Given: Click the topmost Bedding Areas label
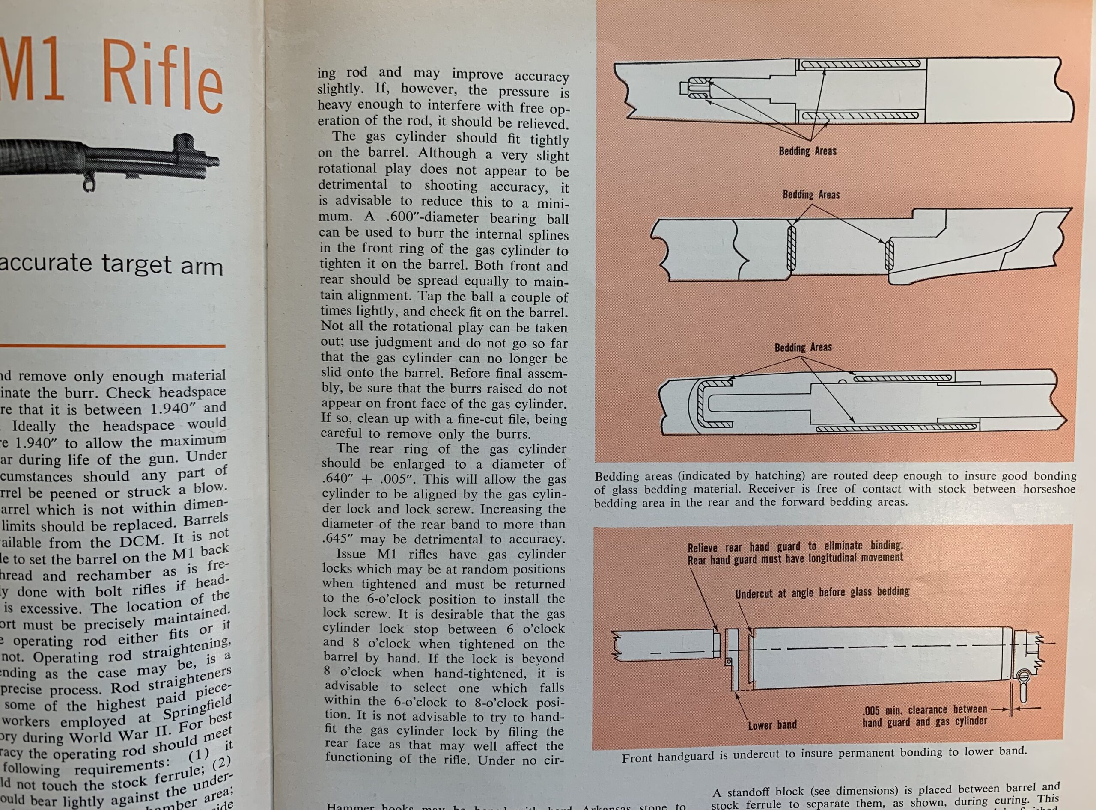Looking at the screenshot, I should point(807,151).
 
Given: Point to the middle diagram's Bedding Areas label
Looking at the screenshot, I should point(810,195).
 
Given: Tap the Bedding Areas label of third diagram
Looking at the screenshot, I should point(803,347).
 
